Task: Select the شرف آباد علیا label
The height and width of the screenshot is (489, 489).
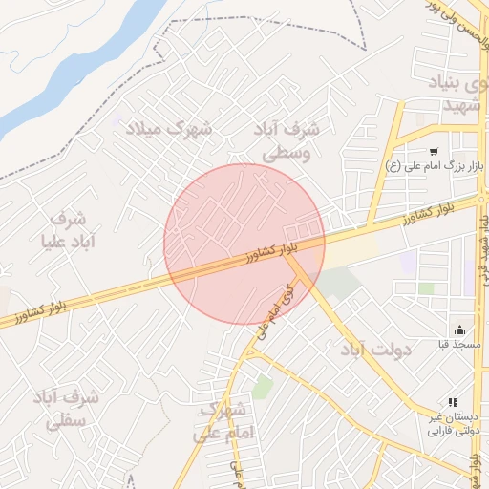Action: tap(67, 229)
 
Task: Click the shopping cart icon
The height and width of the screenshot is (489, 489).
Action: tap(434, 151)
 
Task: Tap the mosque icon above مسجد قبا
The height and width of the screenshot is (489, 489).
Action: tap(459, 330)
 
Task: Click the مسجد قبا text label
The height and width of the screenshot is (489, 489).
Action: tap(459, 344)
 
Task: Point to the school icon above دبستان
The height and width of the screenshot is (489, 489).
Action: tap(453, 403)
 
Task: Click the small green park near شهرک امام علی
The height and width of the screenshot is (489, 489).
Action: tap(263, 387)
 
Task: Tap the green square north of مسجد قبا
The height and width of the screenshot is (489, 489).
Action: tap(426, 288)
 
